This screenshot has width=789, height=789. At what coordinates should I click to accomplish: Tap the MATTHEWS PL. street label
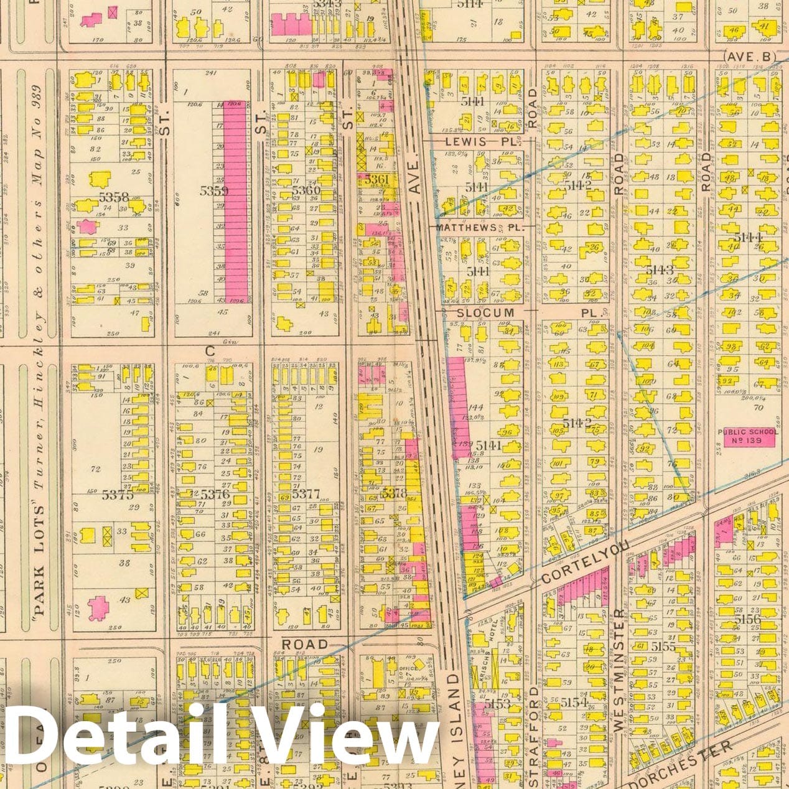tap(479, 228)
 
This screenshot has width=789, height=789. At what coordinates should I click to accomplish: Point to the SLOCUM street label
tap(486, 312)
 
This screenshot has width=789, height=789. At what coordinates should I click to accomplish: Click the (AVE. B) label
tap(750, 57)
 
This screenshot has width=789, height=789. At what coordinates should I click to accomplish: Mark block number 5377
tap(305, 495)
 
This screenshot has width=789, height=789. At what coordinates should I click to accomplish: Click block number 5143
tap(660, 269)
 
